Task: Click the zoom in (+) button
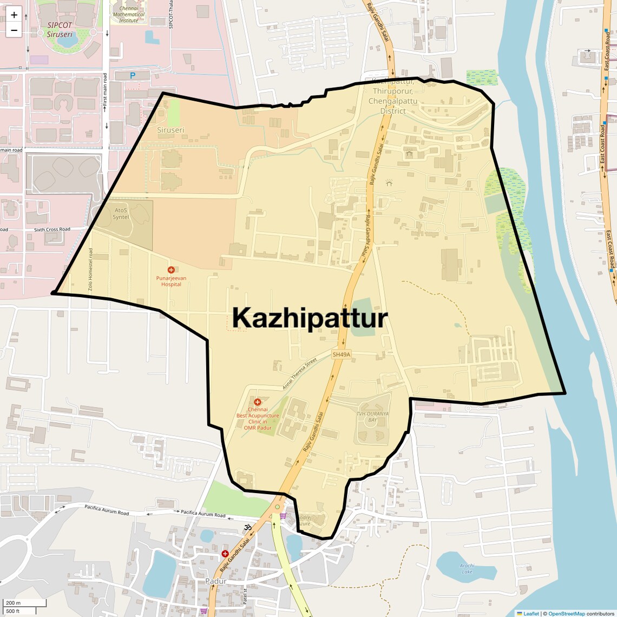(x=14, y=15)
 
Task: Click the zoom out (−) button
(x=14, y=30)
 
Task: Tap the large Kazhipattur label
(x=310, y=318)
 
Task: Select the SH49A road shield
(x=342, y=355)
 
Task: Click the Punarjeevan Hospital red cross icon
(x=171, y=270)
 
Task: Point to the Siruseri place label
(x=170, y=130)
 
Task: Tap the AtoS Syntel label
(x=121, y=213)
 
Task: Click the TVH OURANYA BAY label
(x=372, y=417)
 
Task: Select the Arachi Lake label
(x=467, y=569)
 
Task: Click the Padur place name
(x=216, y=581)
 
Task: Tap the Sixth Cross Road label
(x=52, y=229)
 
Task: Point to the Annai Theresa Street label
(x=299, y=375)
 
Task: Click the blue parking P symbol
(x=132, y=76)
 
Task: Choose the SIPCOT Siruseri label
(x=60, y=30)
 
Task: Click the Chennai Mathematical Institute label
(x=129, y=15)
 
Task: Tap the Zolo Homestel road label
(x=91, y=270)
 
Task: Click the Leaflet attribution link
(x=530, y=613)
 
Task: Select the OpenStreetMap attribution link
(x=566, y=613)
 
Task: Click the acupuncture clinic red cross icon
(x=258, y=402)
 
